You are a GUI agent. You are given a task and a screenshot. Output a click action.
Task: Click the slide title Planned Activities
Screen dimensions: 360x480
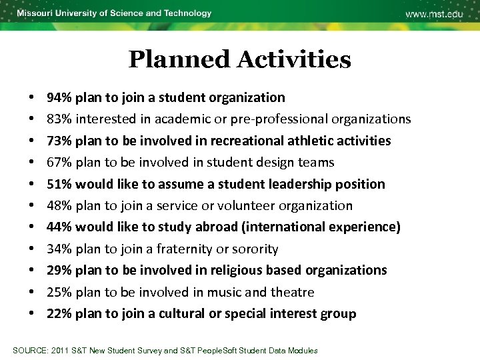click(x=239, y=60)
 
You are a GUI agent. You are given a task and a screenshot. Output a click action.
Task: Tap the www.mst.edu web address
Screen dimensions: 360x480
click(x=434, y=14)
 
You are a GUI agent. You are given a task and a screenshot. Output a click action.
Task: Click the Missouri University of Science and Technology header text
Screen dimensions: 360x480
click(x=114, y=13)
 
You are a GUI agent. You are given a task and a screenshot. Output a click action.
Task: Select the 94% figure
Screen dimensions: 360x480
click(x=59, y=97)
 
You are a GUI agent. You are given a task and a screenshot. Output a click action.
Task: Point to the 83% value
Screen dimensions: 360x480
click(x=59, y=119)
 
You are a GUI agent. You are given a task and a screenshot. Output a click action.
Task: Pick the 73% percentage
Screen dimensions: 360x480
click(x=59, y=141)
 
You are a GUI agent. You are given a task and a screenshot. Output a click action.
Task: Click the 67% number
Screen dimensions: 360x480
click(x=59, y=162)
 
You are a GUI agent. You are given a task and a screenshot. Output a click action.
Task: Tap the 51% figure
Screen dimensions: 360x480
click(x=59, y=184)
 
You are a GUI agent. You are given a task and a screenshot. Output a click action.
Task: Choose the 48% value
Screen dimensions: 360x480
click(x=59, y=205)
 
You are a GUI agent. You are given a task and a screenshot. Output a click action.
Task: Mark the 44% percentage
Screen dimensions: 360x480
click(x=59, y=227)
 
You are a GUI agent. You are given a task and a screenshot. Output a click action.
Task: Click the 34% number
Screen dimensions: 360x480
click(x=59, y=249)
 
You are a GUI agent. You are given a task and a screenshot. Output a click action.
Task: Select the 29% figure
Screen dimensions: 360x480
click(x=59, y=270)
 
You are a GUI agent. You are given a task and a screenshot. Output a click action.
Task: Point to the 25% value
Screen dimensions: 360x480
click(x=59, y=292)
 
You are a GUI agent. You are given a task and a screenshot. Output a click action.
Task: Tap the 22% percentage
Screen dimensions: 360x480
click(x=59, y=313)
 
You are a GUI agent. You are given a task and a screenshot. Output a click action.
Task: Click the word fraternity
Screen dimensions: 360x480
click(x=185, y=249)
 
